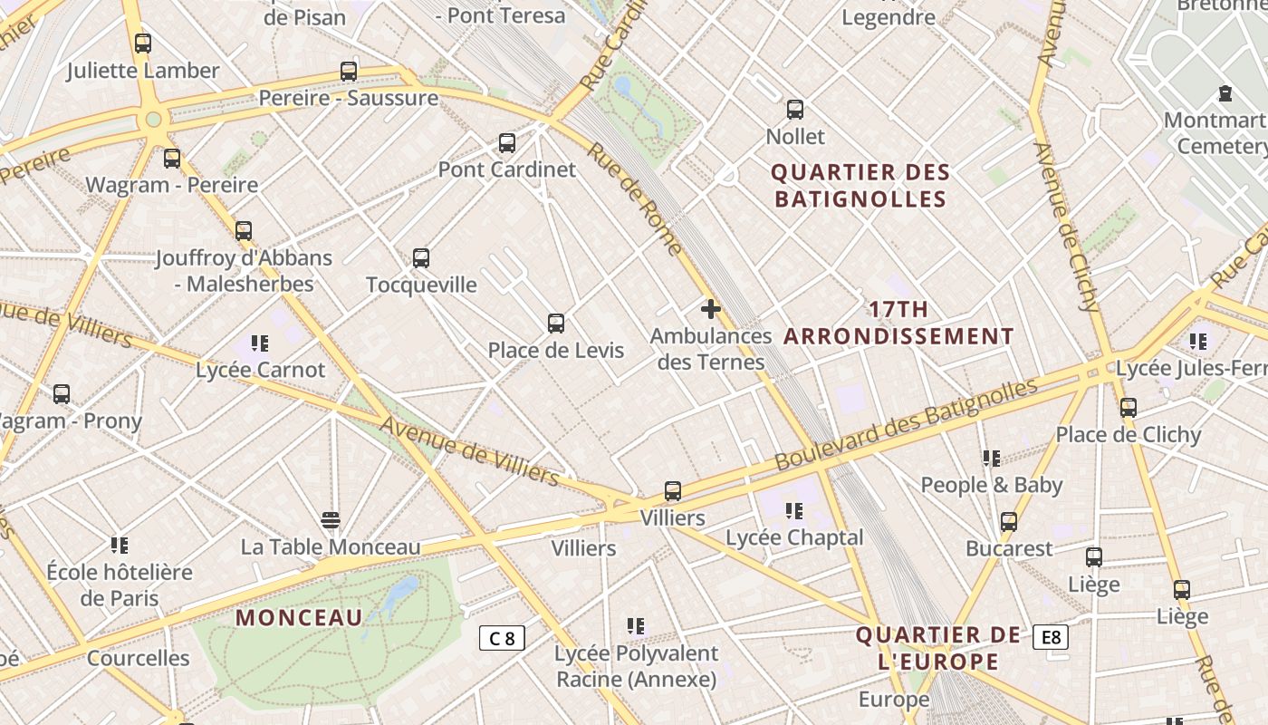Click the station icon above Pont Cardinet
click(507, 143)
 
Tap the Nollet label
click(795, 137)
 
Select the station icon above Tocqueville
click(421, 258)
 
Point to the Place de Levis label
click(555, 351)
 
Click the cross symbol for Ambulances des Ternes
click(711, 309)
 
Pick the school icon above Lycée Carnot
click(260, 343)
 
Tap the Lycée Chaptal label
click(793, 537)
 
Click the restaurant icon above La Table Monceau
click(331, 520)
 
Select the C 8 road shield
click(502, 638)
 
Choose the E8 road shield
click(1051, 637)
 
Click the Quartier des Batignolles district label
click(860, 186)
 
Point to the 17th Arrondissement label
click(898, 323)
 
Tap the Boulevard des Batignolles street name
click(906, 424)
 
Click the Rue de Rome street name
click(635, 198)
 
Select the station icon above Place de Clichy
click(1128, 408)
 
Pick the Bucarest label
click(1009, 549)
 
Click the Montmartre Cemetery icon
click(1225, 93)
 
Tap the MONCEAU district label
click(299, 618)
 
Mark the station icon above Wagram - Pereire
click(172, 159)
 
